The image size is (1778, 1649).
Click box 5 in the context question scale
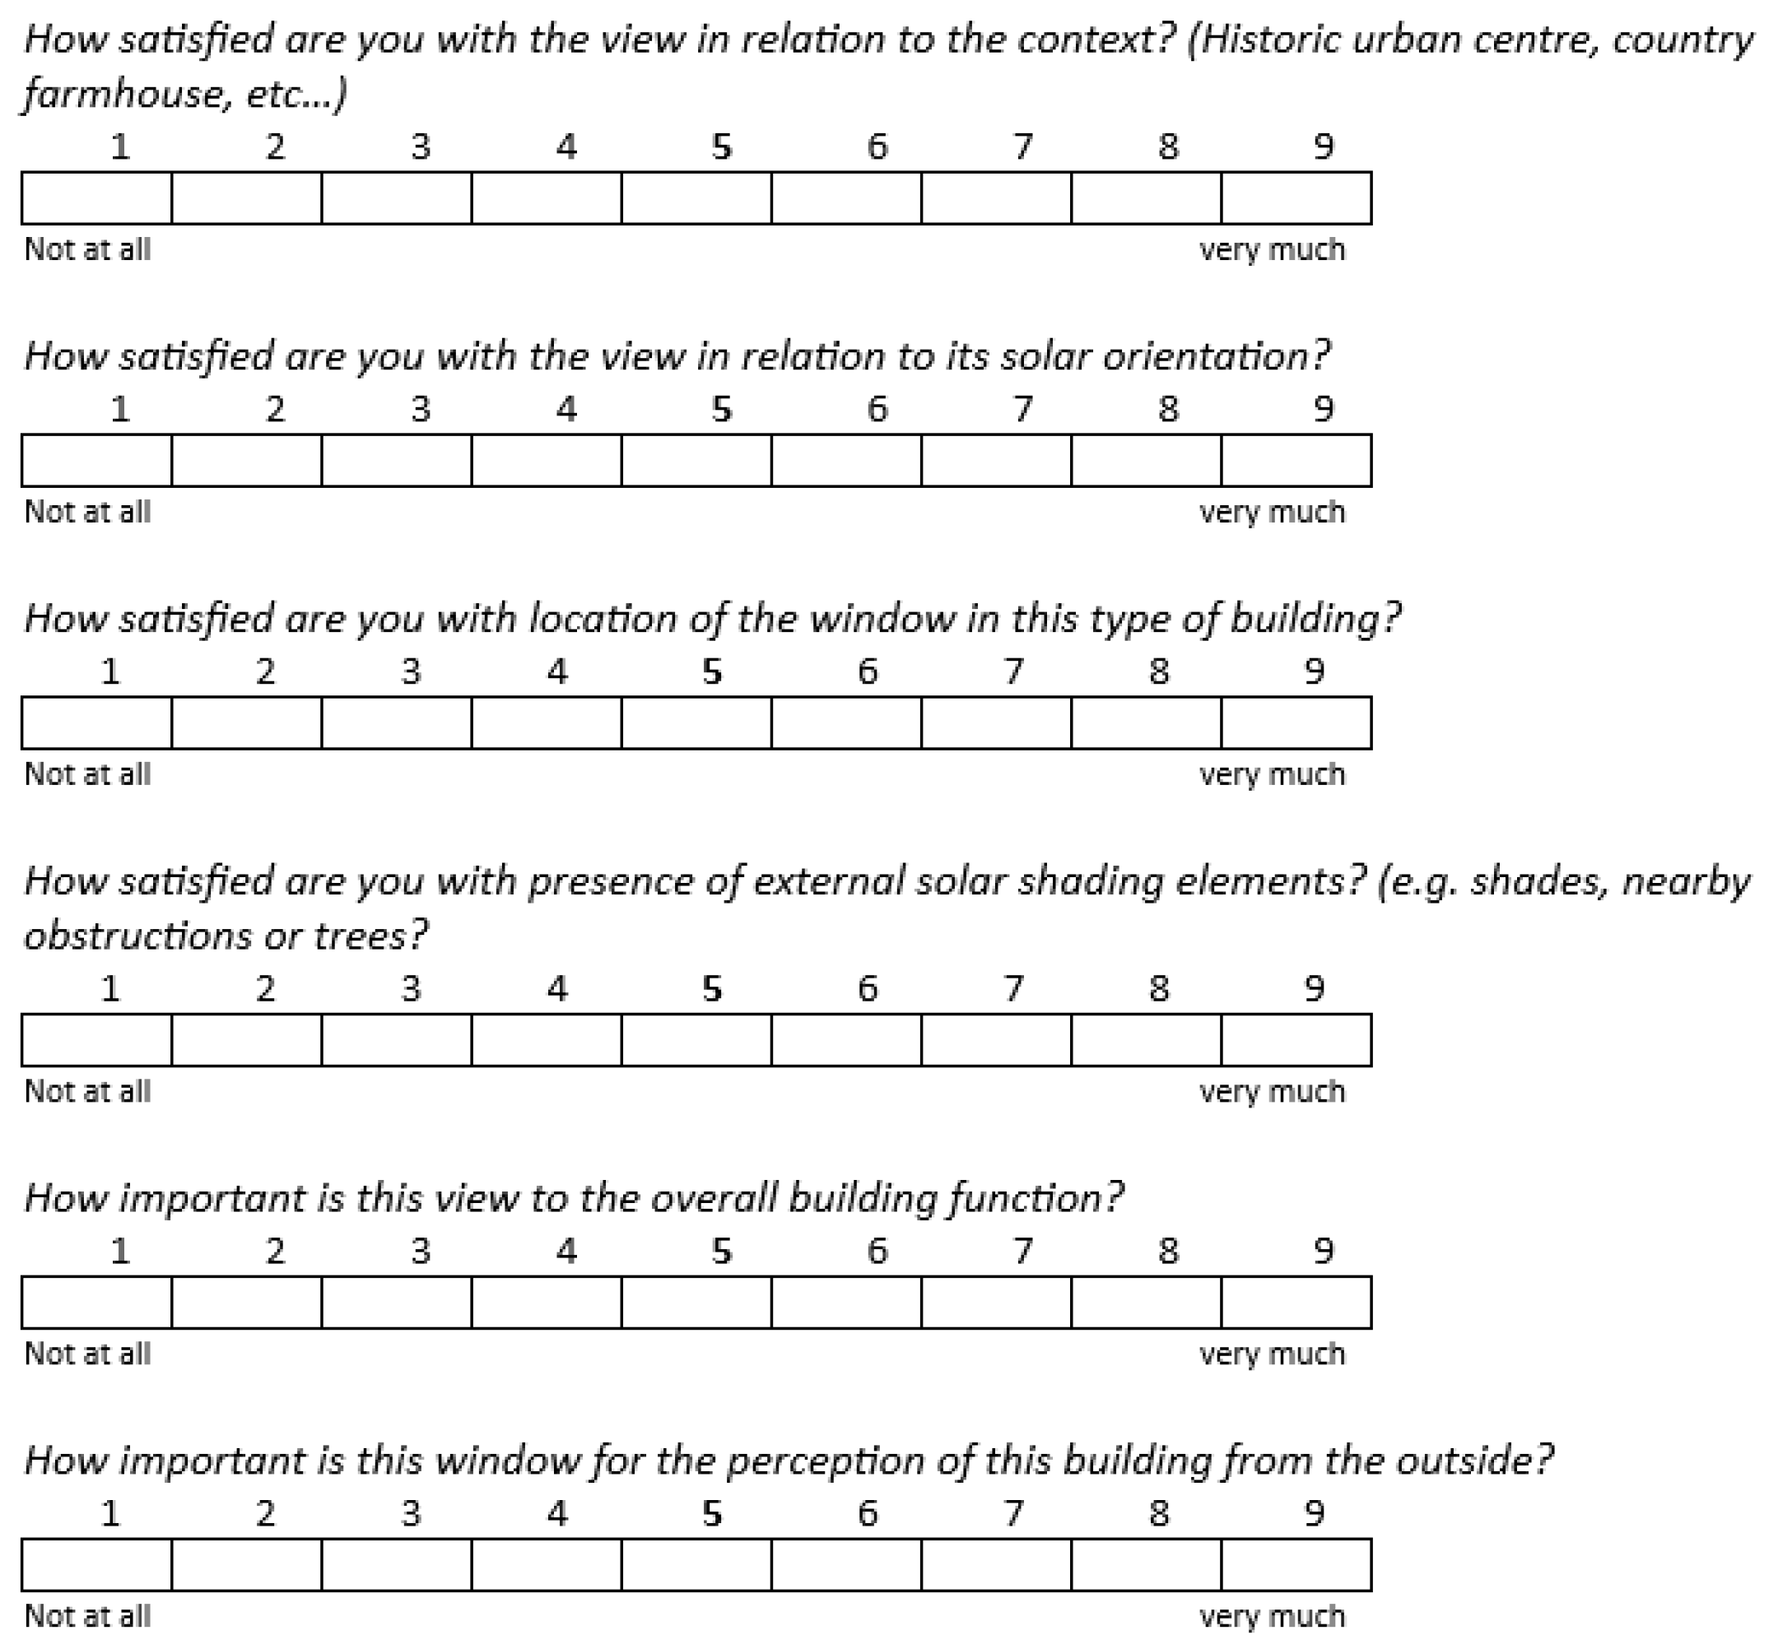click(x=696, y=198)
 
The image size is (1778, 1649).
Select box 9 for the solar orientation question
click(x=1296, y=461)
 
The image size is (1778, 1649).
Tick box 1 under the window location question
click(x=96, y=722)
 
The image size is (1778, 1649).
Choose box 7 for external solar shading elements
click(x=996, y=1039)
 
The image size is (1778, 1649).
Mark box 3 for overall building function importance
click(x=396, y=1302)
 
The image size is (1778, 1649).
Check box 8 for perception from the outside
click(x=1146, y=1564)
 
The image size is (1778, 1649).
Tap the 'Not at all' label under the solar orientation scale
click(x=87, y=512)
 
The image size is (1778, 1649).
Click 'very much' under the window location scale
click(x=1272, y=774)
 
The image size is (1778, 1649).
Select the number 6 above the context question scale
click(x=877, y=146)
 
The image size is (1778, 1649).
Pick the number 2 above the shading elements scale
click(x=265, y=989)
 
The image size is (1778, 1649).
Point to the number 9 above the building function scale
click(x=1324, y=1251)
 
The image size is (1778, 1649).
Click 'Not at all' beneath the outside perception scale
click(x=87, y=1616)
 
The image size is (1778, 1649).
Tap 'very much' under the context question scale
click(x=1272, y=250)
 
